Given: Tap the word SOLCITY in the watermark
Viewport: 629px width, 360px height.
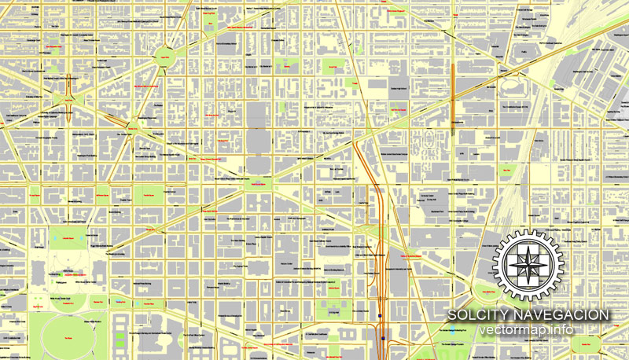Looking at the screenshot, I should click(479, 315).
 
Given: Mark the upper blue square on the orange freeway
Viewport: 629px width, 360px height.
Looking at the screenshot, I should click(380, 317).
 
